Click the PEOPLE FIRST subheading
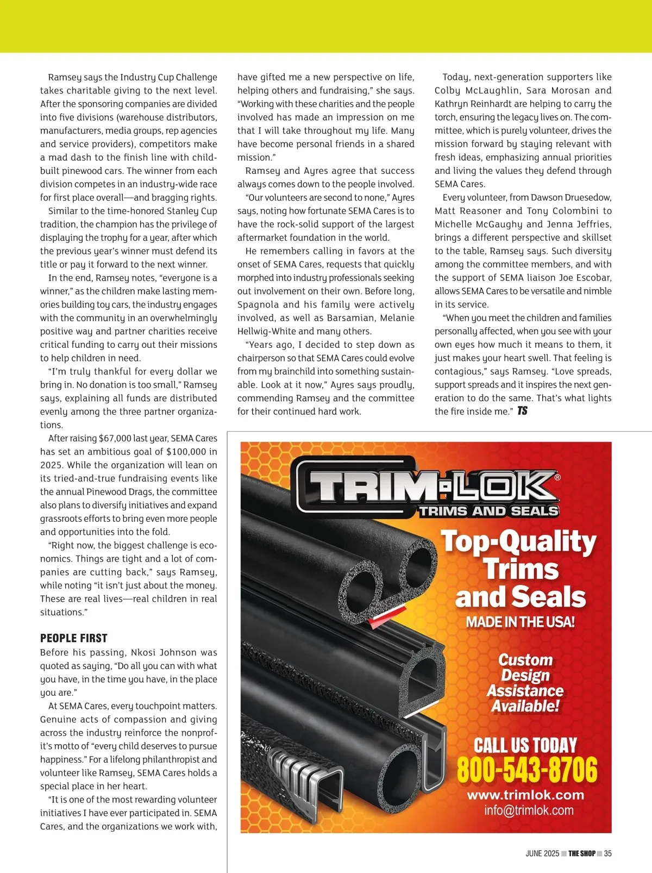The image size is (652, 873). coord(74,638)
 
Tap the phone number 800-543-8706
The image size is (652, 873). coord(526,770)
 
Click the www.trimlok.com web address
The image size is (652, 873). coord(525,795)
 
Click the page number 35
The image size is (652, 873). coord(607,853)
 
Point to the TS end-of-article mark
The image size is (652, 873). coord(522,411)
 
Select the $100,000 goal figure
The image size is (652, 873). coord(186,452)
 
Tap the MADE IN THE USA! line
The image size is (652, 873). coord(520,622)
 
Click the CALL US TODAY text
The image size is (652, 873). coord(525,745)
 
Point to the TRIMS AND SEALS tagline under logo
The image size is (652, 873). coord(488,511)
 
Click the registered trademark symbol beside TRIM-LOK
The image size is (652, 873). coord(557,478)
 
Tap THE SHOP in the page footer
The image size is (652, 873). coord(582,853)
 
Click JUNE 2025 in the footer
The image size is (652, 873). coord(542,853)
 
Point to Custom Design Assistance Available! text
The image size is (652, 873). coord(525,683)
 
